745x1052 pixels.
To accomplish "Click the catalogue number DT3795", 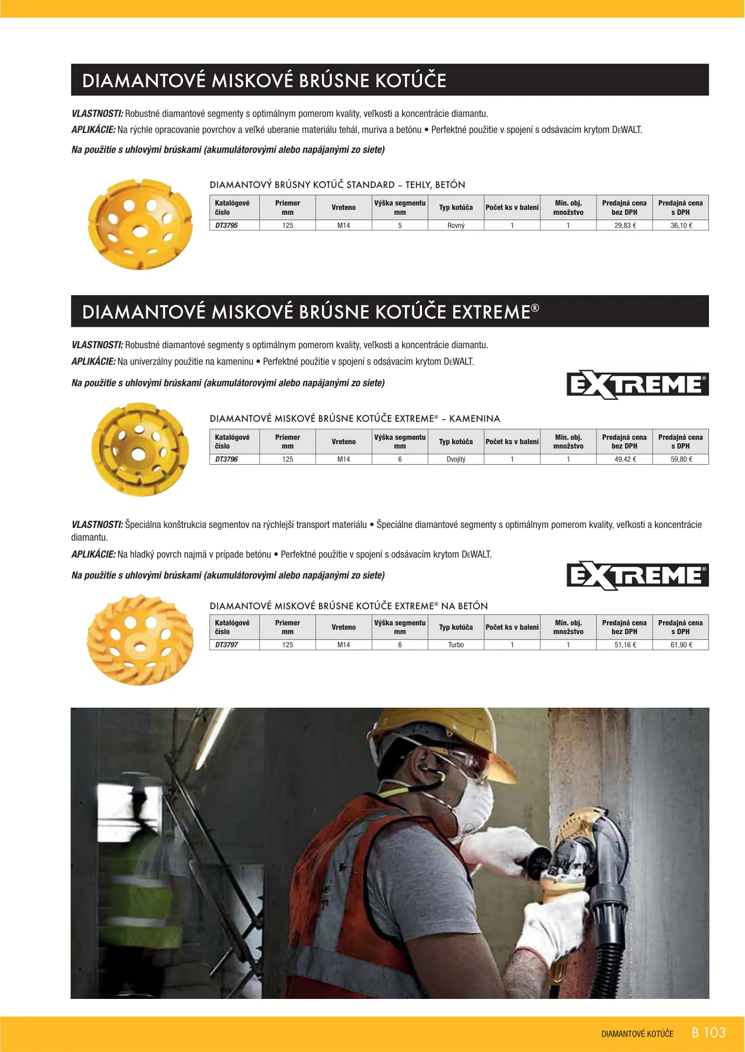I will tap(227, 225).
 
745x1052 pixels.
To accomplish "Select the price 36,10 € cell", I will tap(681, 225).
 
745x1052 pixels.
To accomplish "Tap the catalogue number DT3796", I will tap(227, 459).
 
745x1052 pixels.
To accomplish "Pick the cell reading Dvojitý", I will tap(456, 459).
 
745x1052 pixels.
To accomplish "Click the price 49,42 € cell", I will tap(625, 459).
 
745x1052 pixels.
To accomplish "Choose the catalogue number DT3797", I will tap(227, 645).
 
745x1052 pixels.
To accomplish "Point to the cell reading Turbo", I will tap(456, 645).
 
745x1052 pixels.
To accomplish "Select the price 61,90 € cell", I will tap(681, 645).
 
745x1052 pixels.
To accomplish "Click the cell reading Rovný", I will tap(456, 225).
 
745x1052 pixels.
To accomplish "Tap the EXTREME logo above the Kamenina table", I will tap(637, 385).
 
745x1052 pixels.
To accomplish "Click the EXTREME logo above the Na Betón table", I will tap(637, 576).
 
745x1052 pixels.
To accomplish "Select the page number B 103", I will tap(709, 1033).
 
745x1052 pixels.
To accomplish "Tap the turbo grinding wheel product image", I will tap(140, 639).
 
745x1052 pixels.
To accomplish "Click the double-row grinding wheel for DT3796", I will tap(140, 449).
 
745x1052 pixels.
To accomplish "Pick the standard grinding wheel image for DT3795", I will tap(140, 224).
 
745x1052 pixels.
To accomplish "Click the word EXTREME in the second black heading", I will tap(491, 312).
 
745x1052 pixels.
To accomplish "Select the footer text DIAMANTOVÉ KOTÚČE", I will tap(637, 1034).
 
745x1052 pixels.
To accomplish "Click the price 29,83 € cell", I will tap(625, 225).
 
